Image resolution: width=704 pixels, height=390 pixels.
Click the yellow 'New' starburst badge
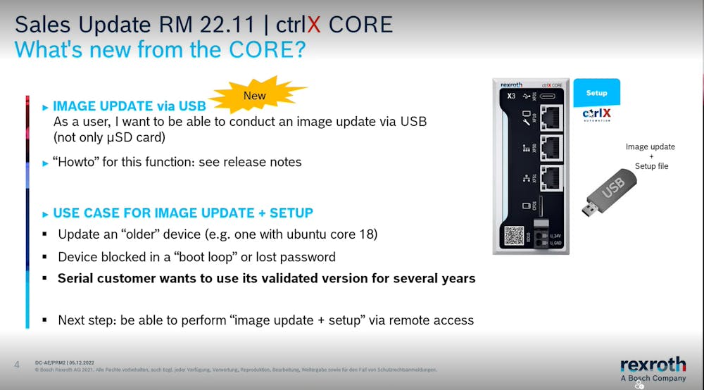pos(255,96)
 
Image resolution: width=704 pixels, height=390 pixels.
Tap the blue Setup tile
pos(596,92)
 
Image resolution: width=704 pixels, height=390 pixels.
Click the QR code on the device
pos(515,236)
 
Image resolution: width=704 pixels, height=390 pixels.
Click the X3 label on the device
pos(512,94)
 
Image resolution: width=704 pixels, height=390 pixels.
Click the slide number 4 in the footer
pos(17,364)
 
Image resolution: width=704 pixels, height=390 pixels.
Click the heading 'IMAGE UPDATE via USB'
pos(129,106)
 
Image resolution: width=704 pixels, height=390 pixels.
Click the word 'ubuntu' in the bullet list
pos(308,234)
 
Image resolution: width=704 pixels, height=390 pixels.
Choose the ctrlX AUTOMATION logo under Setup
pos(596,115)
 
